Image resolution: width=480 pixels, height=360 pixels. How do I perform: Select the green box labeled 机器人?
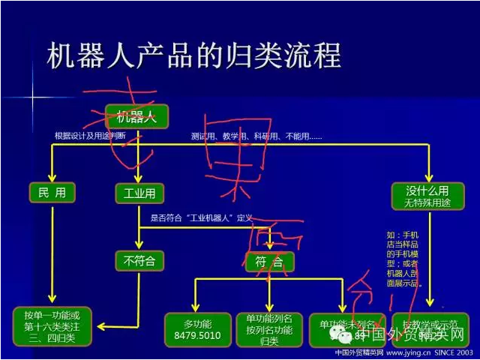[x=136, y=116]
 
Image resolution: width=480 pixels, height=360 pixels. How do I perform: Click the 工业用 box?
[x=139, y=193]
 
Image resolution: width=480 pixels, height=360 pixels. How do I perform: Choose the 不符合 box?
[x=139, y=261]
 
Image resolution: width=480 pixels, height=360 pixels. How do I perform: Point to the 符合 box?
[x=268, y=261]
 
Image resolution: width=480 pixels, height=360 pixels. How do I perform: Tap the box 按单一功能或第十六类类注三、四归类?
[x=52, y=324]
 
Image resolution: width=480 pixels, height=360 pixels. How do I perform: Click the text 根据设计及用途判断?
[x=90, y=136]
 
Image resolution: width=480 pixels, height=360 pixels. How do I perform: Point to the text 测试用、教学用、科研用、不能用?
[x=256, y=136]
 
